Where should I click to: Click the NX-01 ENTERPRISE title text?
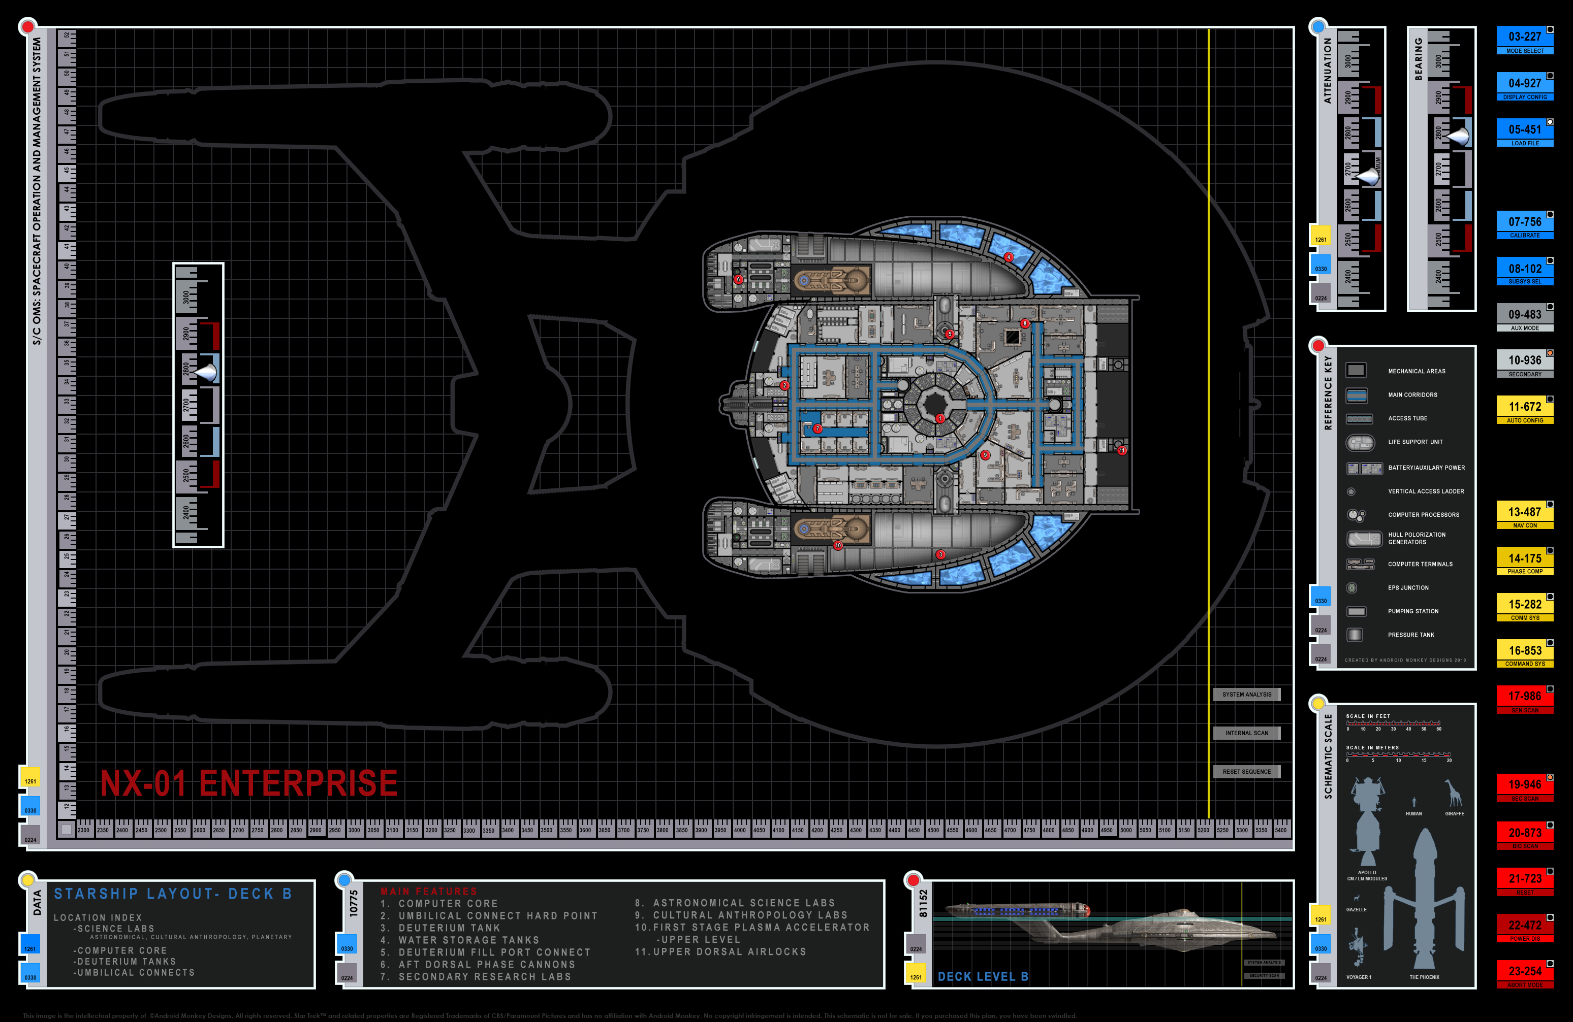(248, 783)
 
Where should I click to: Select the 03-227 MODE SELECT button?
(1524, 40)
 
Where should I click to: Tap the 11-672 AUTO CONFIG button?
(1524, 410)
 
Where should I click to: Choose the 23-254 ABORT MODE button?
(1524, 974)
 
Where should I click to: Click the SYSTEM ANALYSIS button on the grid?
(1246, 695)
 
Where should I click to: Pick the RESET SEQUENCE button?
(1246, 772)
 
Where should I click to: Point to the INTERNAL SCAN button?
(1246, 733)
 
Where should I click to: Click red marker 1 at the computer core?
(940, 418)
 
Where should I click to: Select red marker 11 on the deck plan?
(1122, 450)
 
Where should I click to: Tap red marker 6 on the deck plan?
(738, 279)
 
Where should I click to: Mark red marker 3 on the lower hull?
(940, 555)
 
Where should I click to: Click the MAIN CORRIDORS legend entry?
(1412, 395)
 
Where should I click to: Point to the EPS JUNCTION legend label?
(1408, 588)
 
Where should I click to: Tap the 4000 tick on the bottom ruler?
(740, 831)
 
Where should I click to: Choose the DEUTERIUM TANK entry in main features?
(450, 928)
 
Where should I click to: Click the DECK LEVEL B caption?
(983, 976)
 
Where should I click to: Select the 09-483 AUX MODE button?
(1524, 318)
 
